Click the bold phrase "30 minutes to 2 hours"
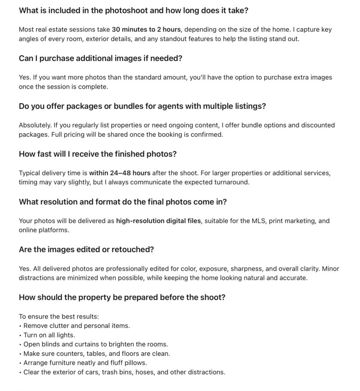[146, 29]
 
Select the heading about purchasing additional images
[100, 58]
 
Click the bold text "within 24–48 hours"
[120, 173]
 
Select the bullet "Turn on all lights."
[50, 335]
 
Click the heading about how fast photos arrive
[98, 154]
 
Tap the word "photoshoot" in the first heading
[135, 10]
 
